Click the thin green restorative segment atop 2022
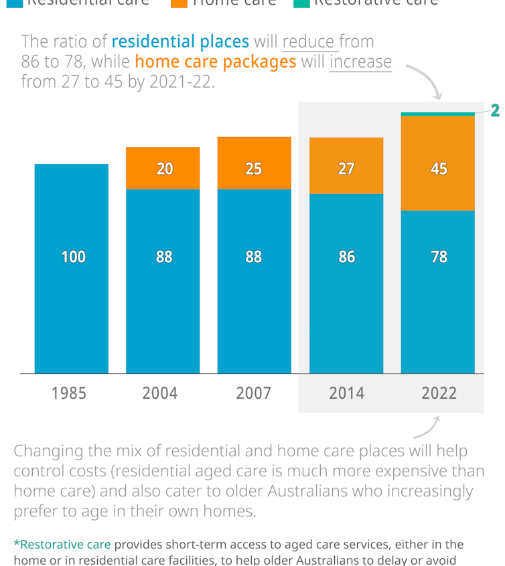point(438,114)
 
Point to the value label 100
point(73,256)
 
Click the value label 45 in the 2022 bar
point(439,169)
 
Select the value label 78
point(439,256)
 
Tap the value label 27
point(346,169)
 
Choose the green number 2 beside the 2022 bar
point(495,110)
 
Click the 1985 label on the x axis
point(69,393)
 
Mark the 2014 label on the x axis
point(346,393)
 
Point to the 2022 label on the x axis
point(439,393)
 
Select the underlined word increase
point(360,62)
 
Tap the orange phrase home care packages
point(215,62)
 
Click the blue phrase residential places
point(180,41)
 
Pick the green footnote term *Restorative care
point(62,545)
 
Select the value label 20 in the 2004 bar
point(164,169)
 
